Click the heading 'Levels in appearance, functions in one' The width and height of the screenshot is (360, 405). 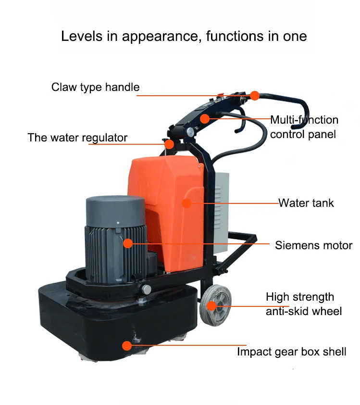(x=184, y=36)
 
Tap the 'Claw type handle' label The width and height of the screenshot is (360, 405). (x=95, y=88)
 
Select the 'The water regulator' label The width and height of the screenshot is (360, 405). (x=77, y=138)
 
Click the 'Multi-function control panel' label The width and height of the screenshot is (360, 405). (x=304, y=127)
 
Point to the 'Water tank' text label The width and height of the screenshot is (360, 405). (x=306, y=203)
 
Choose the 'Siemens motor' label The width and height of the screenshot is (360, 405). (x=313, y=245)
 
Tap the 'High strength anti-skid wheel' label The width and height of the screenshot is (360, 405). (x=304, y=304)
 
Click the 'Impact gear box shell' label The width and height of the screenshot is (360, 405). (x=292, y=352)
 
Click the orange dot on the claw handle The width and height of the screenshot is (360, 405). (x=255, y=96)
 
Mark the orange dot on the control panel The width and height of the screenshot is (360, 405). (x=205, y=119)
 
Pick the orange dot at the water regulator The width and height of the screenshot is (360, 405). (x=169, y=144)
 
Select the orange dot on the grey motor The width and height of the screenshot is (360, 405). (x=128, y=243)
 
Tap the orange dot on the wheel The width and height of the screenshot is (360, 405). (x=211, y=306)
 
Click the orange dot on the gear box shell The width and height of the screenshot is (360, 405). (x=127, y=346)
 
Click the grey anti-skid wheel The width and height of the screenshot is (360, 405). (x=216, y=305)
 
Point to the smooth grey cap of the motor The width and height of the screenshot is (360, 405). (x=115, y=211)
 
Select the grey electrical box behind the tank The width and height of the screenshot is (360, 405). (x=222, y=212)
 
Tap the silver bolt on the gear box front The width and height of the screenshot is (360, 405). (x=146, y=289)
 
